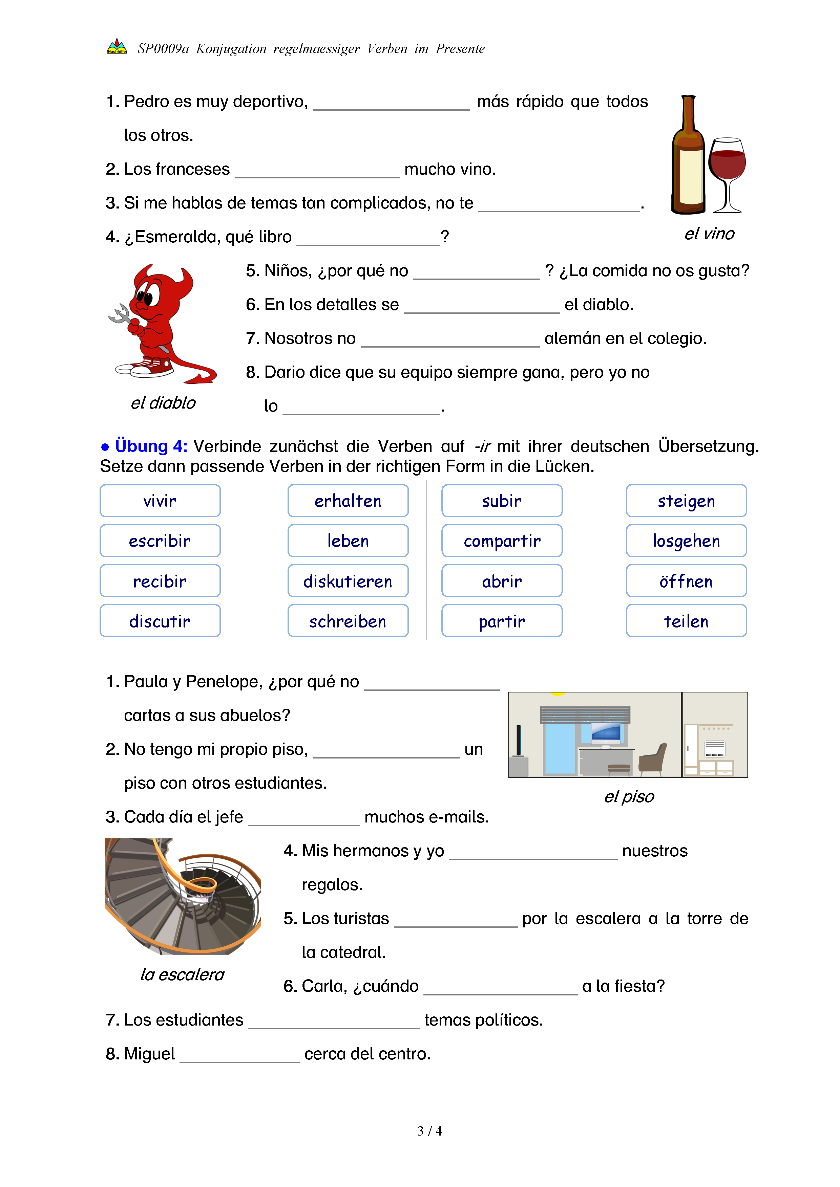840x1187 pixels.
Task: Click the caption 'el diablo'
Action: [163, 403]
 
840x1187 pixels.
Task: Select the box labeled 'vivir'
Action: [160, 501]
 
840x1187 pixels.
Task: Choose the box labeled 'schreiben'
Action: [348, 621]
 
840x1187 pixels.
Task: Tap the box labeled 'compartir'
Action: [502, 541]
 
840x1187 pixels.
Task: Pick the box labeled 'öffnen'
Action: [686, 581]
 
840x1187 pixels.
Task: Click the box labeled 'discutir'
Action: [160, 621]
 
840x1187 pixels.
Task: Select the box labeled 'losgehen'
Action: [686, 541]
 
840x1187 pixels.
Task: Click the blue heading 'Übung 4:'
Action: [150, 446]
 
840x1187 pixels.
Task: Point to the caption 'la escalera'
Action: [182, 974]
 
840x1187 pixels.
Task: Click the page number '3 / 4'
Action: [429, 1131]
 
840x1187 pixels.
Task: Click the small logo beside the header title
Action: [117, 47]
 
